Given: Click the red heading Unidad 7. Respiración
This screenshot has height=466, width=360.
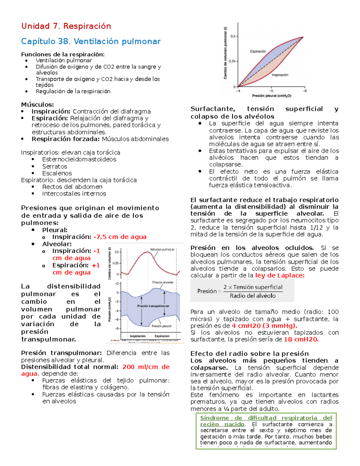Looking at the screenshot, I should [x=66, y=26].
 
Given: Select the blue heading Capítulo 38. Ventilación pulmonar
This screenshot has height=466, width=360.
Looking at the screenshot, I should [x=91, y=41].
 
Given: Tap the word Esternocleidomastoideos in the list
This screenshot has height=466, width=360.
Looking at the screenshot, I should [x=79, y=159].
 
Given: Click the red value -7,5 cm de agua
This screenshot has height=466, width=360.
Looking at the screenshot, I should [x=120, y=237].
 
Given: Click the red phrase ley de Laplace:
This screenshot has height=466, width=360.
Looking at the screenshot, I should [x=280, y=275].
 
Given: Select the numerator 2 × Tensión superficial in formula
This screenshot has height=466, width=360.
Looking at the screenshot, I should [x=253, y=287].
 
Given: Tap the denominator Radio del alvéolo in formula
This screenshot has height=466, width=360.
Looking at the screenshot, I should [x=253, y=296].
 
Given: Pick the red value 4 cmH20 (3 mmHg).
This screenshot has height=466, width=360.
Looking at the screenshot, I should [x=265, y=326].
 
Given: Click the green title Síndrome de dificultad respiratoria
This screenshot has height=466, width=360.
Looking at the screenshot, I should [x=266, y=418].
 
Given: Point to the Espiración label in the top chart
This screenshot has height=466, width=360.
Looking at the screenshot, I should [x=258, y=51].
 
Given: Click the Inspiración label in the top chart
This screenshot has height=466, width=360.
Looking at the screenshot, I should [x=280, y=75].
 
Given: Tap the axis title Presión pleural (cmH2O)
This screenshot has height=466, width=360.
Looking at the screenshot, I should [x=271, y=96].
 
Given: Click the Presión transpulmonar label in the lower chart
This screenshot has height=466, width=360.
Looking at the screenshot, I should [x=153, y=306].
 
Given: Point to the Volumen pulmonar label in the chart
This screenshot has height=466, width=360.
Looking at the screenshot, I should [x=162, y=250].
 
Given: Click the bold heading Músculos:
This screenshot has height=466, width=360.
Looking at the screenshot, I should [x=37, y=104].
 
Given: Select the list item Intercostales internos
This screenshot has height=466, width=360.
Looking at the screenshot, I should [x=74, y=194].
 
